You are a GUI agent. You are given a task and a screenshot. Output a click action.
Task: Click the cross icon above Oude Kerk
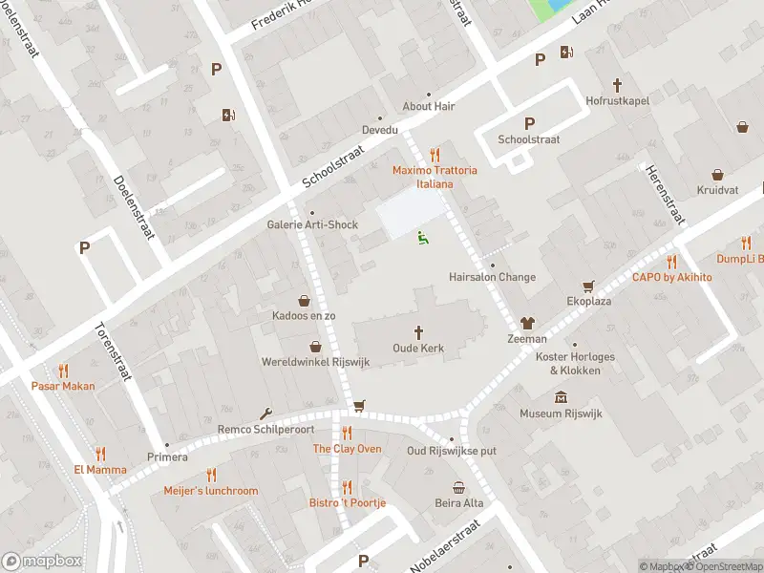tap(418, 331)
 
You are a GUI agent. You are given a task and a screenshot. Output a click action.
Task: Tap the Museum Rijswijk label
tap(560, 414)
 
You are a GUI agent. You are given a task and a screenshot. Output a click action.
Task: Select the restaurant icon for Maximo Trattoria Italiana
tap(435, 155)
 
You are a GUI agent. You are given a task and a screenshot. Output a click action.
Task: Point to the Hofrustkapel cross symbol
tap(617, 85)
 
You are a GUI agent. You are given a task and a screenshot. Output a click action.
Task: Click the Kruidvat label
tap(717, 190)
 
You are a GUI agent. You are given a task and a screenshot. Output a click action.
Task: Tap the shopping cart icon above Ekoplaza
tap(588, 286)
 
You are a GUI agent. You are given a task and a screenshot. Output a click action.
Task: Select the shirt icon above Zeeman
tap(527, 323)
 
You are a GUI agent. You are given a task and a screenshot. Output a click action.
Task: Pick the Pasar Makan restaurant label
tap(63, 386)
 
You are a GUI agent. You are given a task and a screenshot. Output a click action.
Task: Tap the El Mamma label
tap(99, 470)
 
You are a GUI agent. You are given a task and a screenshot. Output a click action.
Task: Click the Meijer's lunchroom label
tap(211, 491)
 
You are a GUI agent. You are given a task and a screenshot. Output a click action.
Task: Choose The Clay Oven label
tap(347, 449)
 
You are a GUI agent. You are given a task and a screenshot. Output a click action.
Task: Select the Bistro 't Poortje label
tap(347, 502)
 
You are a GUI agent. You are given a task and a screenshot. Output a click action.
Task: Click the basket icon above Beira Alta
tap(459, 487)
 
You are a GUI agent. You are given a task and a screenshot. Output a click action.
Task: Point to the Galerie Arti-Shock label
tap(311, 225)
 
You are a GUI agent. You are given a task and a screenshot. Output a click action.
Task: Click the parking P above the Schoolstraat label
tap(529, 123)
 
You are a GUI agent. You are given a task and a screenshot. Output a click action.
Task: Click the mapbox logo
tap(42, 562)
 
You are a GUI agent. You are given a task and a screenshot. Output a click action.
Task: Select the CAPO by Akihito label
tap(671, 277)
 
